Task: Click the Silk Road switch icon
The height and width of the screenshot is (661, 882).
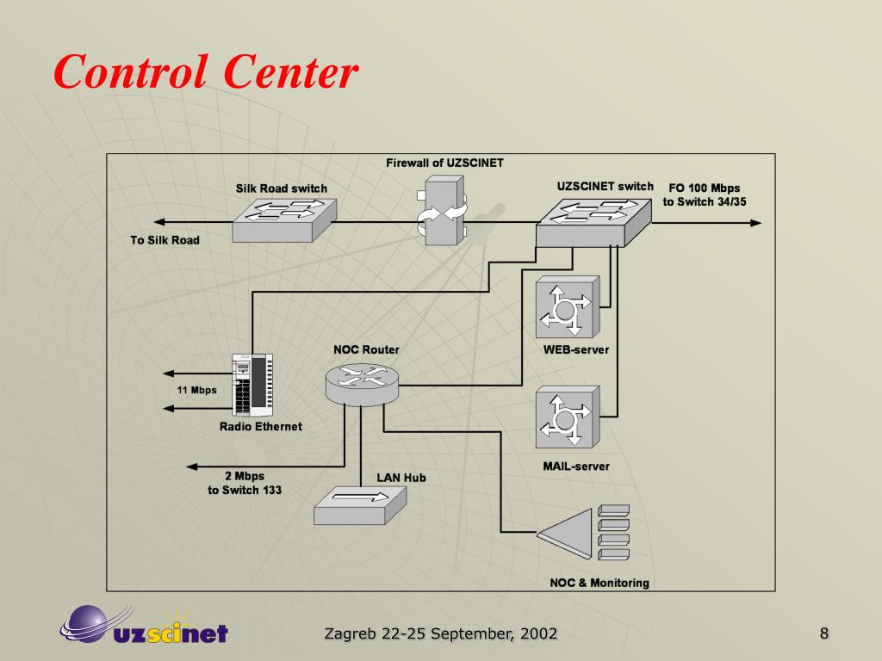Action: click(x=284, y=219)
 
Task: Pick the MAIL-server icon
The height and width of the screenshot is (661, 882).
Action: click(x=566, y=417)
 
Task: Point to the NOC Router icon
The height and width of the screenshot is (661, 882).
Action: click(x=362, y=381)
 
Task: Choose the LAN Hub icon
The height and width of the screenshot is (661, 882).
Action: click(x=358, y=504)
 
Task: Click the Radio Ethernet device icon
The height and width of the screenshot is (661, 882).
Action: click(x=252, y=385)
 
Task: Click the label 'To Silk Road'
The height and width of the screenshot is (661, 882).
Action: click(x=165, y=240)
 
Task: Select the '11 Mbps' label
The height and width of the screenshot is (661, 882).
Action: click(x=197, y=390)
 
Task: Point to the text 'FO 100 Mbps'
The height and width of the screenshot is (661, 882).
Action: click(x=704, y=188)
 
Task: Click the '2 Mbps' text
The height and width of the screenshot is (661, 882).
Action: click(x=245, y=476)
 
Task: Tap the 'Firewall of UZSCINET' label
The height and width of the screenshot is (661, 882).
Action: click(x=444, y=163)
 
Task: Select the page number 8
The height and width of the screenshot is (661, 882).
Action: click(x=823, y=634)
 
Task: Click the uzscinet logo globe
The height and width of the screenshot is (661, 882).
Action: click(x=86, y=621)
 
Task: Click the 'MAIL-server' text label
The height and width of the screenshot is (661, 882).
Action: click(x=575, y=466)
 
